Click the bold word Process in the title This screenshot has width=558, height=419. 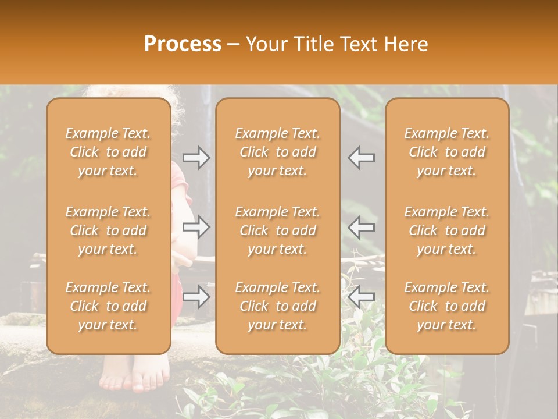(183, 44)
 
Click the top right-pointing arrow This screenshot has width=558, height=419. (196, 157)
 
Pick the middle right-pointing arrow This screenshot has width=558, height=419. (196, 227)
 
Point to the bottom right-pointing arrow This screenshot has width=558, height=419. (196, 297)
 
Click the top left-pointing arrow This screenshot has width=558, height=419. (362, 157)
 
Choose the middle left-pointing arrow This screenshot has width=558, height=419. (362, 227)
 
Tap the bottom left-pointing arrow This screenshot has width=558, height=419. (362, 297)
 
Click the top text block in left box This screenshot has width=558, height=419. (108, 152)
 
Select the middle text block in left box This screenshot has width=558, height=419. (108, 230)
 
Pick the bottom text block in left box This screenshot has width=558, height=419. (108, 306)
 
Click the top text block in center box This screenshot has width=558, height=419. (278, 152)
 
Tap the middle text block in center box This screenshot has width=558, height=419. (278, 230)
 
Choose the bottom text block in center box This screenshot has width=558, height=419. (278, 306)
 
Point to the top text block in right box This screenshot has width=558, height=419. (447, 152)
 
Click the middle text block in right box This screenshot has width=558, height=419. (447, 230)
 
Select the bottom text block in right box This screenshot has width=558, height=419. (447, 306)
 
